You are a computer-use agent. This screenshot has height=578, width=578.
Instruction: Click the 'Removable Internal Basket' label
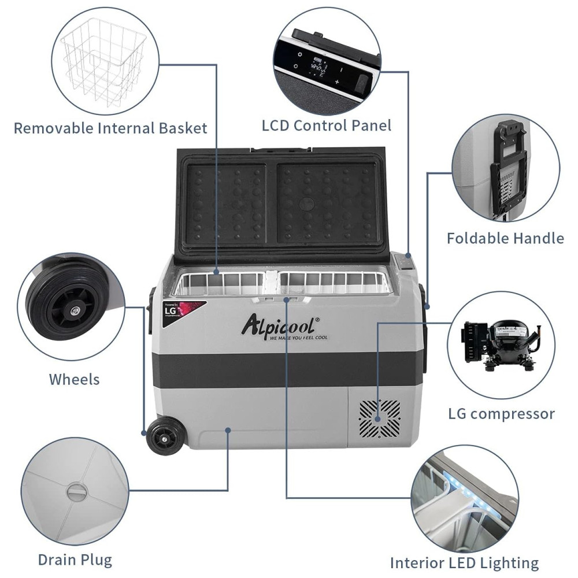110,128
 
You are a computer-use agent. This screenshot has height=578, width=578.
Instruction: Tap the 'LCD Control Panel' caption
327,125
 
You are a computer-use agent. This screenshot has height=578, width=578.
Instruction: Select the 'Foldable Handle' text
505,238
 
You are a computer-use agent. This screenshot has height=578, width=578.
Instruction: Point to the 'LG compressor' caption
501,414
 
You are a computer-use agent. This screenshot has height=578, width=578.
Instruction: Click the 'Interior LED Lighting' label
464,562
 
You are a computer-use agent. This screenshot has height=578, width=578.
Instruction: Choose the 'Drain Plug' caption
75,560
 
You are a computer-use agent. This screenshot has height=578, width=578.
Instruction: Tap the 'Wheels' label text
74,379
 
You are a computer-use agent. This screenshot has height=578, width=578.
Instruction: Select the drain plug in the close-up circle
76,492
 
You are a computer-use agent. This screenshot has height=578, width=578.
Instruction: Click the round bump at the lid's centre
306,203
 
